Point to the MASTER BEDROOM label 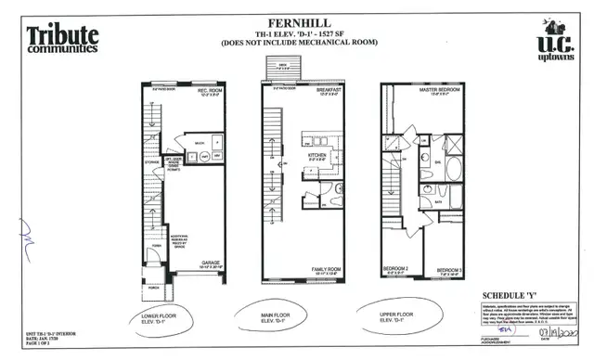pyautogui.click(x=440, y=90)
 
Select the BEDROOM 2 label pyautogui.click(x=396, y=270)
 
